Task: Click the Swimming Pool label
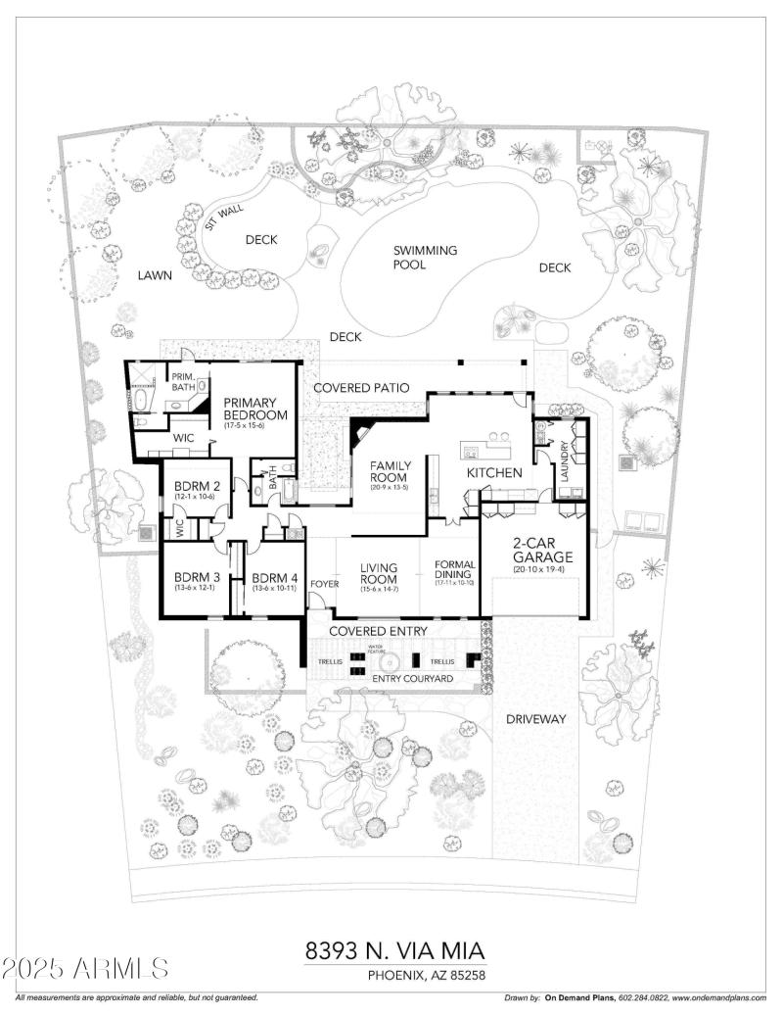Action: (425, 257)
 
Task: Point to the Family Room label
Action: (389, 470)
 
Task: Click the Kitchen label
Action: (494, 473)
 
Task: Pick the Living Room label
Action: (377, 573)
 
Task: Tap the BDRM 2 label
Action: (196, 488)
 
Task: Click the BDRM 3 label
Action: (195, 578)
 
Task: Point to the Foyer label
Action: (324, 585)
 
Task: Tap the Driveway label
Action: (536, 719)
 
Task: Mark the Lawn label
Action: (155, 275)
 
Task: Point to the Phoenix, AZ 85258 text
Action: (427, 975)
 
